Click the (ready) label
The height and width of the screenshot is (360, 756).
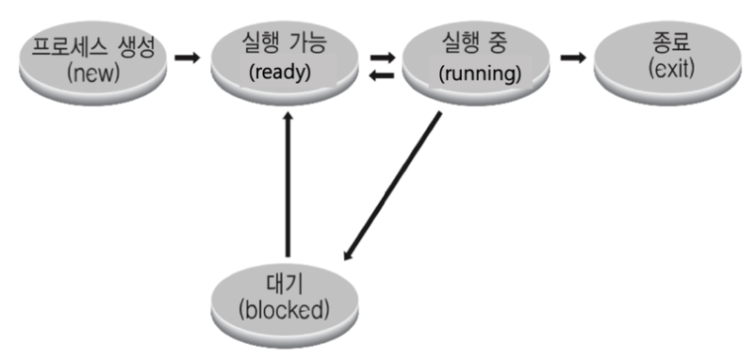pos(280,73)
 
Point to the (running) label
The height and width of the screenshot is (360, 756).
pos(480,73)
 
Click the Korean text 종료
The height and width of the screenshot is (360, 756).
pos(666,43)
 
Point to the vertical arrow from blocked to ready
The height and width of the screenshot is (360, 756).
pos(288,188)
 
